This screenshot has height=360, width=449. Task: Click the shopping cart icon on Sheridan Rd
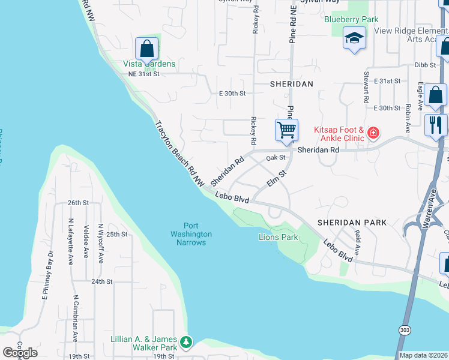coord(287,130)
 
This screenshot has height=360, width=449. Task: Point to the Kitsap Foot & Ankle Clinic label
coord(339,134)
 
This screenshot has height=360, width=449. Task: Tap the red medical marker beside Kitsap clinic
coord(373,132)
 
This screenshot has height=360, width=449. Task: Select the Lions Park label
coord(279,238)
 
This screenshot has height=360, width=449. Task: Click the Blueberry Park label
coord(351,19)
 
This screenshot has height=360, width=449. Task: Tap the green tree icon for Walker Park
coord(187,342)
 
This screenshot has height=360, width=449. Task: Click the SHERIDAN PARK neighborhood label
coord(352,222)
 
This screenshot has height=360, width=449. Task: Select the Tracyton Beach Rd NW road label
coord(179,153)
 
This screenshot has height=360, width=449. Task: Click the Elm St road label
coord(275,179)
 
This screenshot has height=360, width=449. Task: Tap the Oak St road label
coord(276,157)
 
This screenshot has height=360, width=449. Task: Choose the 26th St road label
coord(78,203)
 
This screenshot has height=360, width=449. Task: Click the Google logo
coord(20,352)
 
